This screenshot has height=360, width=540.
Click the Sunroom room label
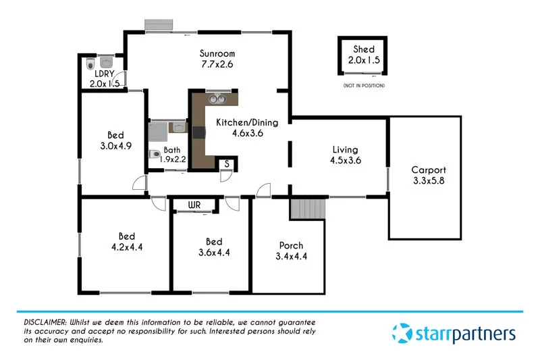pos(217,53)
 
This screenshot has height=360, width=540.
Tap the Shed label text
pos(364,49)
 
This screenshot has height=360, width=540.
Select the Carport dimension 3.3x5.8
pos(429,181)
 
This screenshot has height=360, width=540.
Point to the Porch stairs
pos(307,209)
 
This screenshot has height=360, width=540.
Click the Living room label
pos(345,149)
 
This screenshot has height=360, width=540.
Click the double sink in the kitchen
pos(217,99)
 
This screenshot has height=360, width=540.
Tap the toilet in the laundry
pos(91,66)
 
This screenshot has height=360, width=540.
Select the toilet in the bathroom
pos(154,153)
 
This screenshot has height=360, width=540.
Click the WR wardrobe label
pos(194,204)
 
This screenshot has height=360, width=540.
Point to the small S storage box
pos(227,164)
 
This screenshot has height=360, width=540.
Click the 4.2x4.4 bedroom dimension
pos(126,247)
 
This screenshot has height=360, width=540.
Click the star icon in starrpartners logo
pos(402,333)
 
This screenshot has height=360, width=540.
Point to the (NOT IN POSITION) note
pos(363,86)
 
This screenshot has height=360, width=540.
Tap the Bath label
pos(172,150)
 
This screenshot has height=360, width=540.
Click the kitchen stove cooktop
pos(198,132)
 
